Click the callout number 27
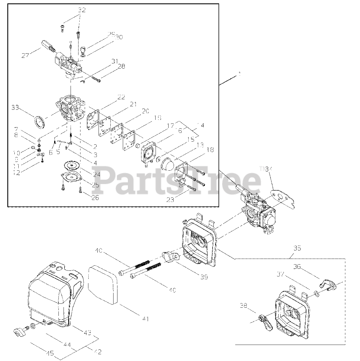(x=25, y=56)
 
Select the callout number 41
(x=145, y=319)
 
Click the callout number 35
(x=297, y=248)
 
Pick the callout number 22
(x=121, y=97)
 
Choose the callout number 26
(x=95, y=198)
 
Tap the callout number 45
(x=50, y=353)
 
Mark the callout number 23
(x=170, y=200)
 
